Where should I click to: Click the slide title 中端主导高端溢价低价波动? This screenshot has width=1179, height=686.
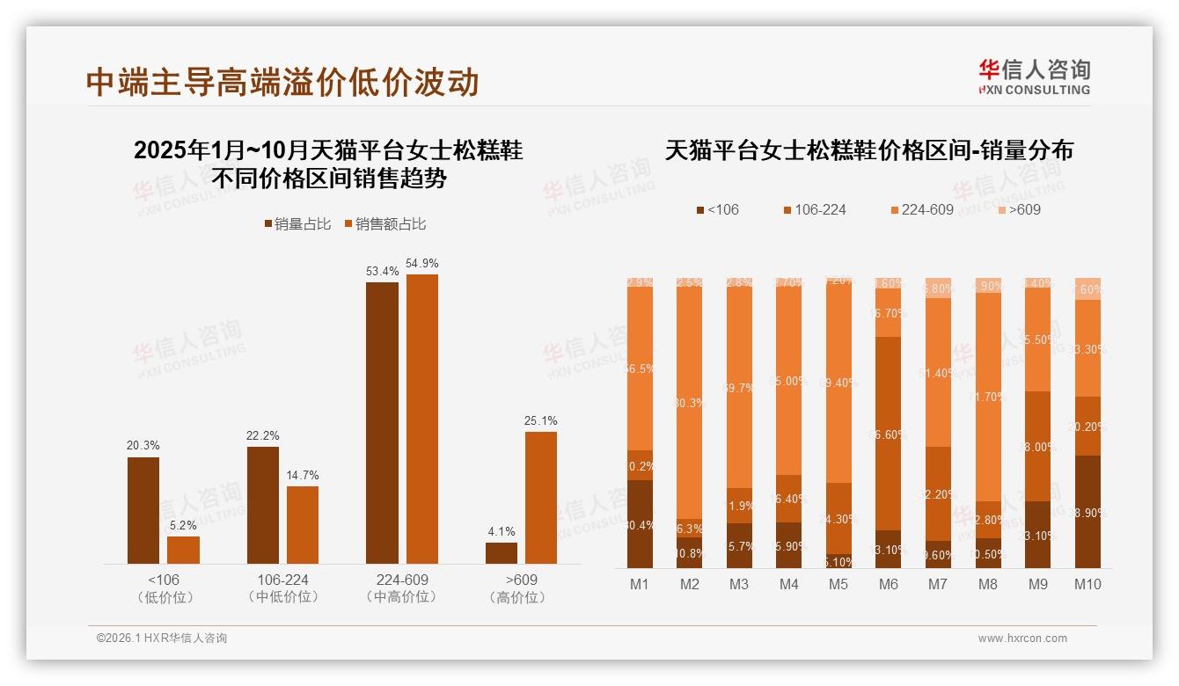pos(282,82)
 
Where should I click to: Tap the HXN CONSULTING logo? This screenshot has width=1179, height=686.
pos(1034,77)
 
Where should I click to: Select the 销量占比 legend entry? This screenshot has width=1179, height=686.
pos(297,224)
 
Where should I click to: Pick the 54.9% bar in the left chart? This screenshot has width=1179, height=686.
pos(421,419)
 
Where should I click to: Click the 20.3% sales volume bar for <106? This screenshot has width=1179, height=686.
pos(143,510)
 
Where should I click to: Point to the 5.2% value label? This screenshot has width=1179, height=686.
pos(183,525)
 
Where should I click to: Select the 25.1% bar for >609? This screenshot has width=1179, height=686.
pos(541,497)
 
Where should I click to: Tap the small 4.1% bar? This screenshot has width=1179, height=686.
pos(502,553)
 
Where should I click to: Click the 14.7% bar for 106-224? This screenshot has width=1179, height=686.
pos(303,524)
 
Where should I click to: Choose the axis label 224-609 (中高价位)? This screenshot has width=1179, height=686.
pos(402,588)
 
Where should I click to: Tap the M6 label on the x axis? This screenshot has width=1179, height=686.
pos(888,584)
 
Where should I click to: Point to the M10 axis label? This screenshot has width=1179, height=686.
pos(1087,584)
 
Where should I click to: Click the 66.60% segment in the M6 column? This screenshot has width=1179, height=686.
pos(888,433)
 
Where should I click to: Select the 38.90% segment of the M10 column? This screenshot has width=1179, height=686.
pos(1087,512)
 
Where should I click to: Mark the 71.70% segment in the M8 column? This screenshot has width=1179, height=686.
pos(988,397)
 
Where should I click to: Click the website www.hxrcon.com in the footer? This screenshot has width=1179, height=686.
pos(1022,639)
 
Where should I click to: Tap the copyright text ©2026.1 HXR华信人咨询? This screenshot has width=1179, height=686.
pos(162,639)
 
